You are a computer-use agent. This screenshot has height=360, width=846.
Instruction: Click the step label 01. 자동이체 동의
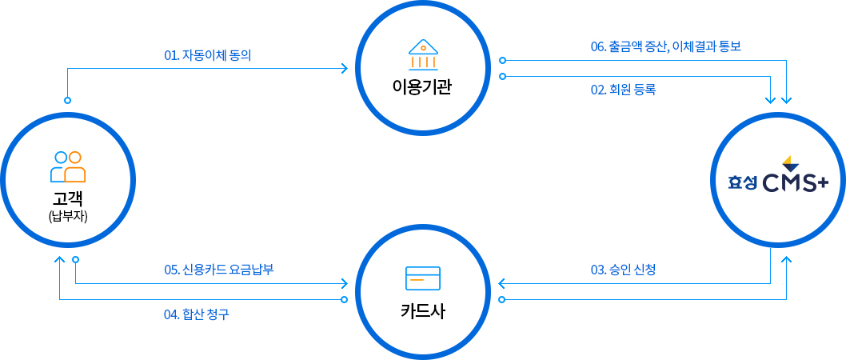coord(208,54)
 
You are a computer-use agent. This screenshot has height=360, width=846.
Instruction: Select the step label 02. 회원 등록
coord(623,90)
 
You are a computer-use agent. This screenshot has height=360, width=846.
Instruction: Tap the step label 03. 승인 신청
coord(623,270)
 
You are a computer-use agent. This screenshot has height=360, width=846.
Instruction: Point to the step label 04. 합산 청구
coord(197,314)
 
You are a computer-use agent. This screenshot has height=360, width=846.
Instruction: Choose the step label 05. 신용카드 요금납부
coord(219,270)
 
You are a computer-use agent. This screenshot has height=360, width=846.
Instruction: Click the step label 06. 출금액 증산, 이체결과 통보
coord(666,46)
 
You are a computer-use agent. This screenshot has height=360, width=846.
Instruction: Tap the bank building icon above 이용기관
coord(423,54)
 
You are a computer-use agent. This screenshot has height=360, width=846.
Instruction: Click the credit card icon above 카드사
coord(423,278)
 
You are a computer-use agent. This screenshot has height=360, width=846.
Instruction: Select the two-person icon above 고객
coord(68,166)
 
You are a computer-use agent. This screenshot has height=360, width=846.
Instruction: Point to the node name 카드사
coord(423,311)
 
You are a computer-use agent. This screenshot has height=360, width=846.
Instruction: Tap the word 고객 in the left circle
coord(68,200)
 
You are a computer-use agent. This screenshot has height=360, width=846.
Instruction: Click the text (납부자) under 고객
coord(68,217)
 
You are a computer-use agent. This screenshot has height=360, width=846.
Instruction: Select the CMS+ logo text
coord(796,184)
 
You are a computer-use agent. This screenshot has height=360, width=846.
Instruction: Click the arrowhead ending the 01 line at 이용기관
coord(344,69)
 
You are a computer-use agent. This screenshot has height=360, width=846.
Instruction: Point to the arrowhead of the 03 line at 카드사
coord(501,283)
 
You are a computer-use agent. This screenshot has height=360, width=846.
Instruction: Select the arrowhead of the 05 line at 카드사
coord(344,283)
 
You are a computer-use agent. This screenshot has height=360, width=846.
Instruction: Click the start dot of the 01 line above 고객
coord(67,100)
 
